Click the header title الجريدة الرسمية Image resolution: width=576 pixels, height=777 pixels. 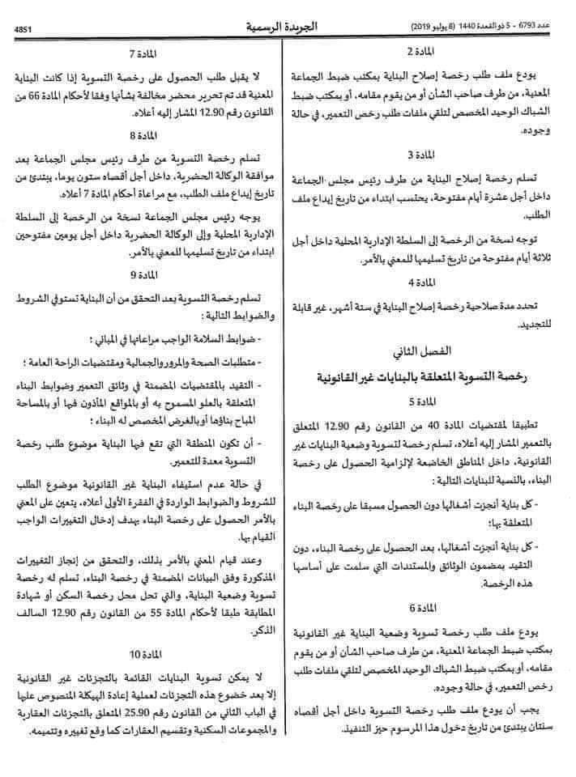(x=280, y=27)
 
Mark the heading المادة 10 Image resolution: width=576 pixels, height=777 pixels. (x=143, y=651)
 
